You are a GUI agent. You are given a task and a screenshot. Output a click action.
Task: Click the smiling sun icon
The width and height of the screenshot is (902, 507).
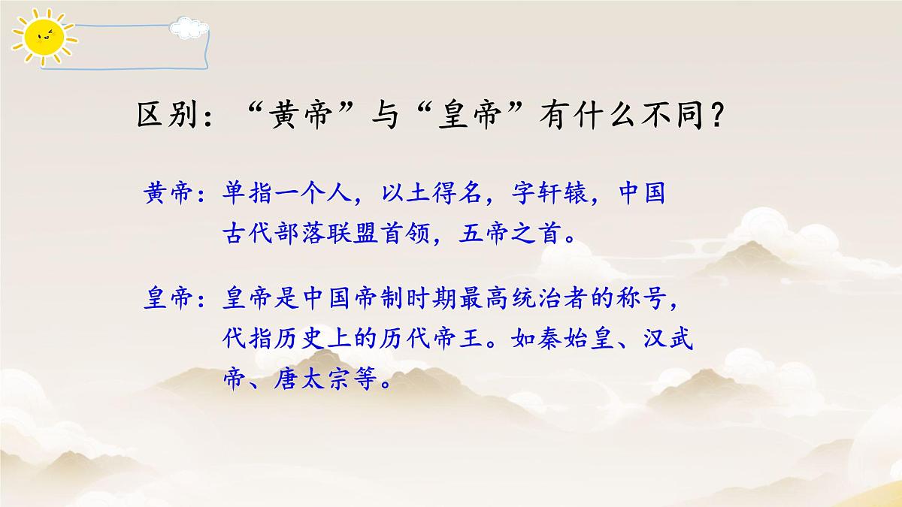pyautogui.click(x=41, y=37)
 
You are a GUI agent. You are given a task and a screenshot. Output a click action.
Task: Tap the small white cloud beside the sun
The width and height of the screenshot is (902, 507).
pyautogui.click(x=188, y=29)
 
